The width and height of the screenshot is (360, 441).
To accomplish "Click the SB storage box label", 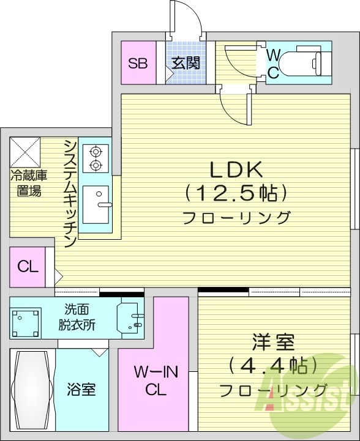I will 138,62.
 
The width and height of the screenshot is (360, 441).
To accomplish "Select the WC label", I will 274,63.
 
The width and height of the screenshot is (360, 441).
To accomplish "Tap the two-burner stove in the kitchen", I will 96,157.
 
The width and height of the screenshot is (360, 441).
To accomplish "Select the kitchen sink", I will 96,204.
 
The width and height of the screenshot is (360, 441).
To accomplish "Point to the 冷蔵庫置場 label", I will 26,184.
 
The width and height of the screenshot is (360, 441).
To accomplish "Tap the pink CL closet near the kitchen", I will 28,267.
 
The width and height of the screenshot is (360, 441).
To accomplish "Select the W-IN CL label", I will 152,380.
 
